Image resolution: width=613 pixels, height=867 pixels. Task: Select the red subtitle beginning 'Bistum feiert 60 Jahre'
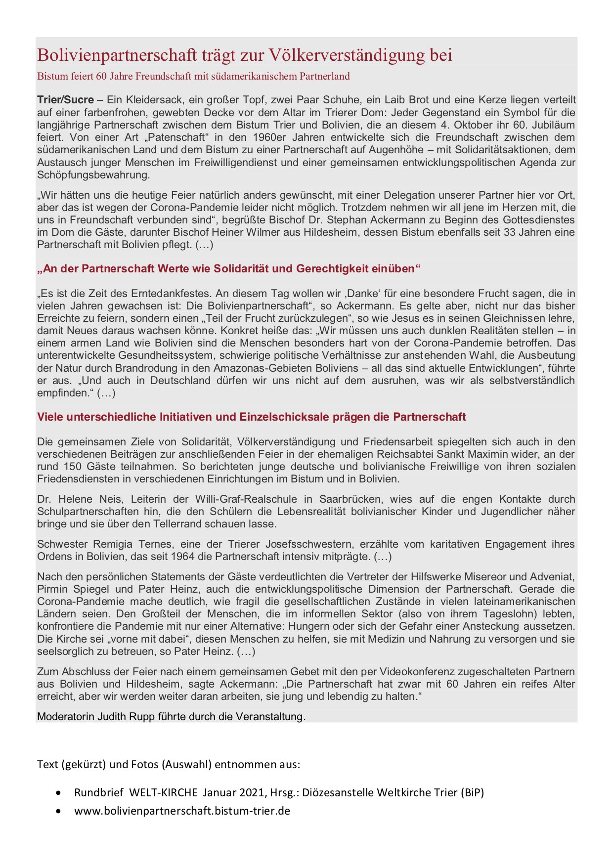pos(193,76)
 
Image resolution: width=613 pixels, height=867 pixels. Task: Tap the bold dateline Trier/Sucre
pos(65,100)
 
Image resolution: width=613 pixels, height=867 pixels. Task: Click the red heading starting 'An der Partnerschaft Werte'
pos(229,269)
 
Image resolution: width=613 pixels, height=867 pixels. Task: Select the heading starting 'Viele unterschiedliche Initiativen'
pos(251,417)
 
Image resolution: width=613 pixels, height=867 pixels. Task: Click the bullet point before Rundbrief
pos(59,793)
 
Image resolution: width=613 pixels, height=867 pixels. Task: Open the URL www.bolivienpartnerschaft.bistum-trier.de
pos(182,811)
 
